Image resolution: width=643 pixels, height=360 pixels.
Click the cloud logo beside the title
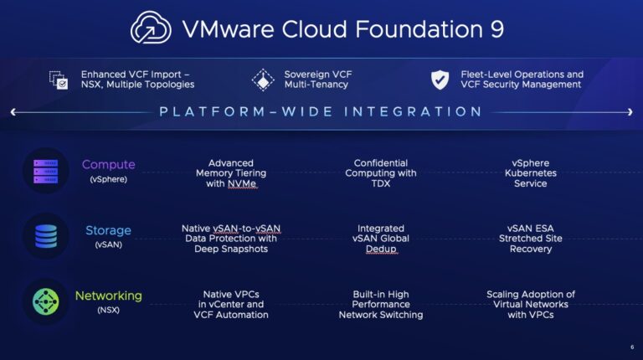[x=151, y=28]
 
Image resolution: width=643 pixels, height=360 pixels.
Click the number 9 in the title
[x=493, y=29]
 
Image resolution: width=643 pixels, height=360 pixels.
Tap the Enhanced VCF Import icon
[x=59, y=80]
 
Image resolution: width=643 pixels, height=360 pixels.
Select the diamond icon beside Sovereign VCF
[x=263, y=80]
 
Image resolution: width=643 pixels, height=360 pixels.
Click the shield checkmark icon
[x=440, y=80]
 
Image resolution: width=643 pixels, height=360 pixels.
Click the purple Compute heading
[x=108, y=165]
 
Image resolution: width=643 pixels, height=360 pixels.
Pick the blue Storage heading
[x=108, y=230]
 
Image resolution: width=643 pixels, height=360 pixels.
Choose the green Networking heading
[x=108, y=296]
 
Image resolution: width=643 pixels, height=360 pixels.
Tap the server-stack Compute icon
[x=45, y=170]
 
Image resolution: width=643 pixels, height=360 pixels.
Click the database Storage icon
[x=45, y=235]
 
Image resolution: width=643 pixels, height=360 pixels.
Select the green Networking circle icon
[x=45, y=301]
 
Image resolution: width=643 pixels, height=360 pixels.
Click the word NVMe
[x=242, y=183]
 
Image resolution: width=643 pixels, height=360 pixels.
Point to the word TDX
[x=381, y=183]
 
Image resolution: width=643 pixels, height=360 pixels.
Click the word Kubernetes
[x=530, y=173]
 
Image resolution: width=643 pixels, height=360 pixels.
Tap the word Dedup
[x=381, y=249]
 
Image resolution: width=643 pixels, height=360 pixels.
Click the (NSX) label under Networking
[x=108, y=311]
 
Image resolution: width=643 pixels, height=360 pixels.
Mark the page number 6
[x=631, y=347]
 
